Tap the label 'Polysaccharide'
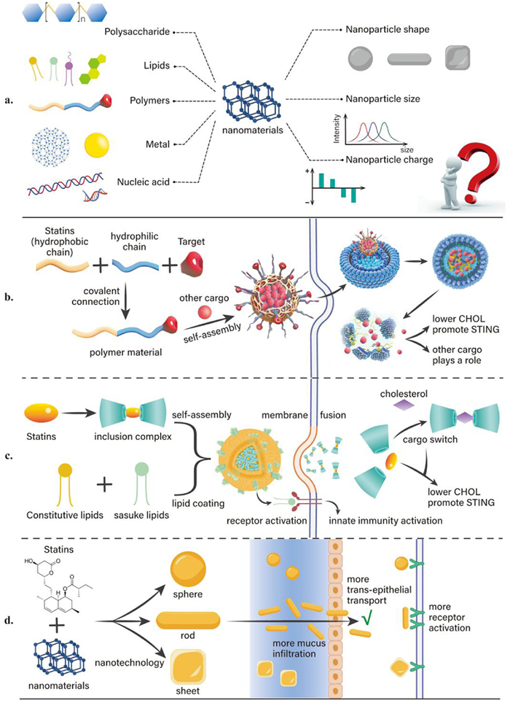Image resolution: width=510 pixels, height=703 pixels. [x=137, y=32]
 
